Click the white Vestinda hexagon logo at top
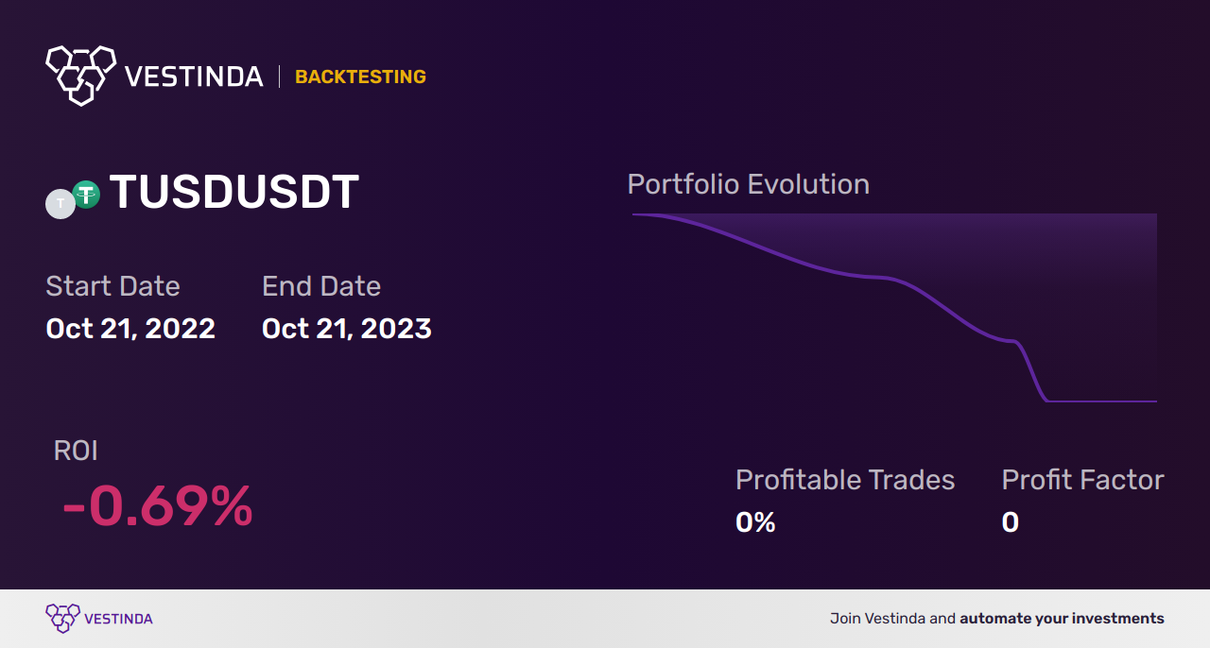(81, 76)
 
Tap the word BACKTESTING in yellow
(360, 77)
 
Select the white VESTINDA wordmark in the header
(194, 77)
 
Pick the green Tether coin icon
(86, 195)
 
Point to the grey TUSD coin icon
(60, 204)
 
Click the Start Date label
(112, 285)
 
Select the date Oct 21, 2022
(130, 329)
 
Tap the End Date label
(321, 285)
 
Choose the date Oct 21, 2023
(347, 329)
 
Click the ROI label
(76, 451)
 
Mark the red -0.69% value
(158, 506)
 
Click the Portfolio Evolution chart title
(749, 185)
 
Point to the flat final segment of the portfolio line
(1102, 401)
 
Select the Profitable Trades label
(845, 480)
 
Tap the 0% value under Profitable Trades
(755, 522)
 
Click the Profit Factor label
(1082, 480)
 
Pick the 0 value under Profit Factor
(1011, 522)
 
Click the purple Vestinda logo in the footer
(99, 619)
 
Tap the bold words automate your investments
(1062, 619)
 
